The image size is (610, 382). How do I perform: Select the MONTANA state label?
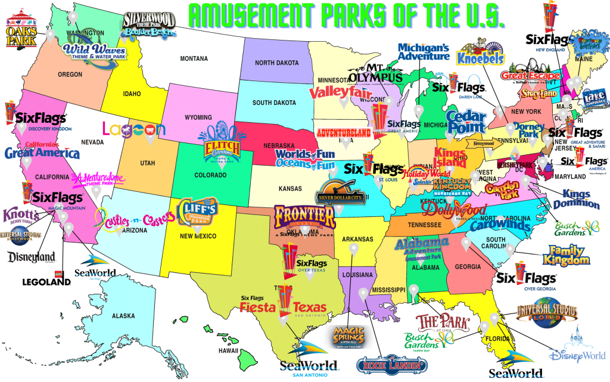coord(195,58)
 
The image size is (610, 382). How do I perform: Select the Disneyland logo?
coord(32,257)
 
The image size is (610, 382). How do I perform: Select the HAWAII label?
coord(228,351)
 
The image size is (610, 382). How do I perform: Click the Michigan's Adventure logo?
coord(424,52)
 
